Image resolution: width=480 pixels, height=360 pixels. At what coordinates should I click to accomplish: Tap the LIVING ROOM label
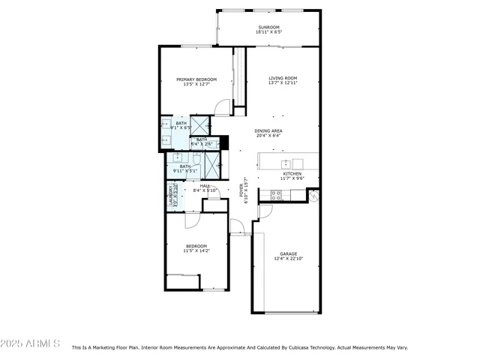(283, 78)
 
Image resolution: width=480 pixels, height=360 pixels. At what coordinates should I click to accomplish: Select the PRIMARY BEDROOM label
(196, 79)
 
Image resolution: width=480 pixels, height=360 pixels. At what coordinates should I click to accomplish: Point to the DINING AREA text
(268, 130)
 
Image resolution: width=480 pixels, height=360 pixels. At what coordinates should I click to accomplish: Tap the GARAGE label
(289, 254)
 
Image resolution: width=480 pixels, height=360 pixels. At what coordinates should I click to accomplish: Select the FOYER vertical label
(241, 187)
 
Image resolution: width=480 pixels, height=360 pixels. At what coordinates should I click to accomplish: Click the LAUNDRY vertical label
(171, 197)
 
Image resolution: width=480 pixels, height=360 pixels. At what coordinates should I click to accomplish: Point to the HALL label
(205, 185)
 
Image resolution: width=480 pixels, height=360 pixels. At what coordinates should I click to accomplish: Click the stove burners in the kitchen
(275, 195)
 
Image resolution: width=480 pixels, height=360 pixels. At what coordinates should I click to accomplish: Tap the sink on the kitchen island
(286, 163)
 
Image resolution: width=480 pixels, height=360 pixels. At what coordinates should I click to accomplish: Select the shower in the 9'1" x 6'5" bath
(199, 125)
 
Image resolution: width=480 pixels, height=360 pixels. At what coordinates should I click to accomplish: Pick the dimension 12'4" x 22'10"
(289, 259)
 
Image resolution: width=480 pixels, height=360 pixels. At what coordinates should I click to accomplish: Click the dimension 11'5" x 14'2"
(196, 250)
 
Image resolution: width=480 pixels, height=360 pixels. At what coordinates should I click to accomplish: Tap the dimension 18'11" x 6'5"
(268, 31)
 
